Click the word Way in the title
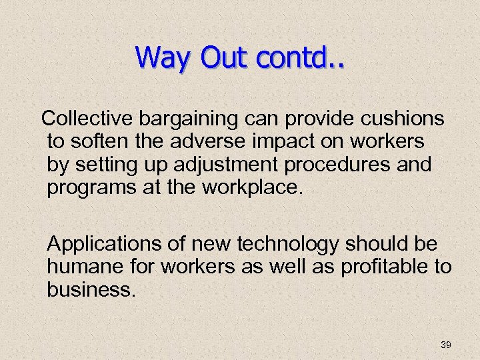pyautogui.click(x=159, y=58)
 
